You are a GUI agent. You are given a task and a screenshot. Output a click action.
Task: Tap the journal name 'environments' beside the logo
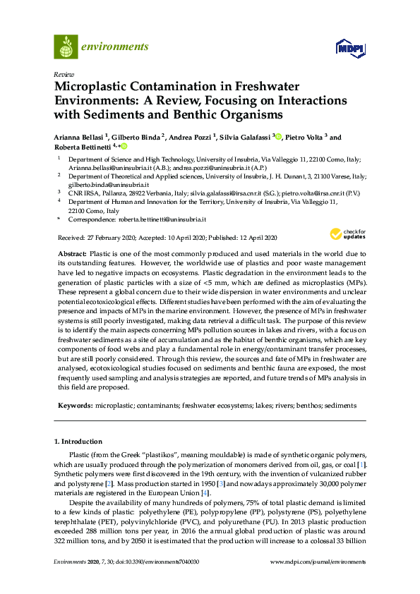(114, 47)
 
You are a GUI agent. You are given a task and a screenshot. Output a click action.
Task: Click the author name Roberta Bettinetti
(82, 147)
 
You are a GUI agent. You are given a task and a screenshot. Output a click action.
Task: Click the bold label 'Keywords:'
(76, 406)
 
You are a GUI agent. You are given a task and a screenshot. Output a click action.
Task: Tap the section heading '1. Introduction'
(78, 442)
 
